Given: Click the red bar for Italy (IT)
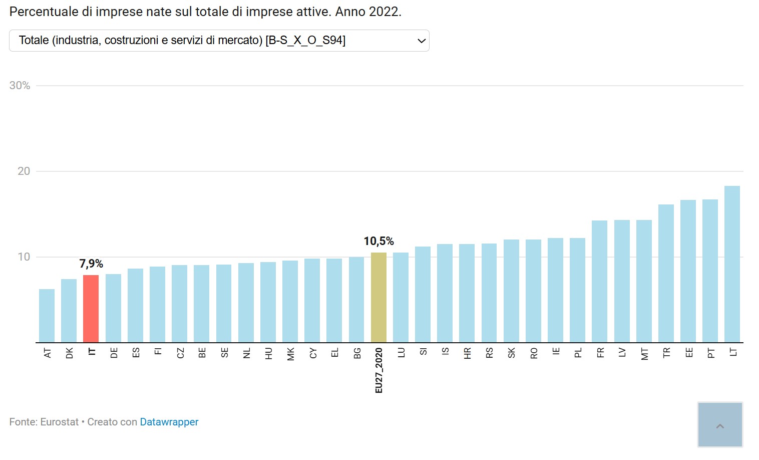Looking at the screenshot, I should point(91,309).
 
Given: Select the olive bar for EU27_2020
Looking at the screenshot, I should point(378,298).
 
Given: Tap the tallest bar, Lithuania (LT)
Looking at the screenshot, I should point(732,264).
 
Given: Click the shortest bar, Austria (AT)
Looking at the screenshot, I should point(47,316).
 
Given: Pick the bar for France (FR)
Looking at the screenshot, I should point(599,282).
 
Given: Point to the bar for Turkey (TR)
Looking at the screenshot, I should point(666,274).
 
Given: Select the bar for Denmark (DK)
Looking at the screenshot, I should point(69,311).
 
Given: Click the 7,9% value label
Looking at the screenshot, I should point(91,264).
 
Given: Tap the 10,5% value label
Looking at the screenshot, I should point(378,242).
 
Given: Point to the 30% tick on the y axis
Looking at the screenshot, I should point(20,86).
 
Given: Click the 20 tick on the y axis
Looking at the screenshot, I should point(24,171).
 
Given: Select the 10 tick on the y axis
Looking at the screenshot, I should point(24,257).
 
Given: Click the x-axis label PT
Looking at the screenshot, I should point(711,353).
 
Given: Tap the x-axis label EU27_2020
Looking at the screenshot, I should point(379,370).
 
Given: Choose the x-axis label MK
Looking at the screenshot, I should point(291,354).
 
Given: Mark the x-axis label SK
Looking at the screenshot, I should point(511,353).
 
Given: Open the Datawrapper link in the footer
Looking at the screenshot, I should point(169,422).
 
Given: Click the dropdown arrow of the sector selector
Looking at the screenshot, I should point(422,41).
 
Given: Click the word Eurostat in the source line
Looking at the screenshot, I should point(59,422).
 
